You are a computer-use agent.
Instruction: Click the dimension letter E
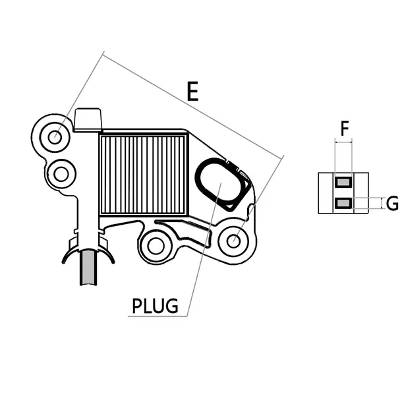(x=192, y=92)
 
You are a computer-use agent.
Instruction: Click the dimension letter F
(x=343, y=128)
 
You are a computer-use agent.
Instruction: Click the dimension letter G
(x=391, y=203)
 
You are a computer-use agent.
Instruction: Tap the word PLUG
(x=155, y=306)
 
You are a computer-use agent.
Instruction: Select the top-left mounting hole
(x=55, y=137)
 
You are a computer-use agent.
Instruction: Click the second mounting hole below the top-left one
(x=61, y=175)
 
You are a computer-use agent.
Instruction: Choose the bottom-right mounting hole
(x=232, y=241)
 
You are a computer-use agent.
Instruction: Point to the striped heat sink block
(x=144, y=175)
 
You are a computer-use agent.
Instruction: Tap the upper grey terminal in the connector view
(x=343, y=181)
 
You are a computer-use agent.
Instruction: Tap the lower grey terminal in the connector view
(x=343, y=203)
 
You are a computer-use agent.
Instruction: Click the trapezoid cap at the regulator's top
(x=88, y=120)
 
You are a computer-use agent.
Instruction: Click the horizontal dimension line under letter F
(x=343, y=140)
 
